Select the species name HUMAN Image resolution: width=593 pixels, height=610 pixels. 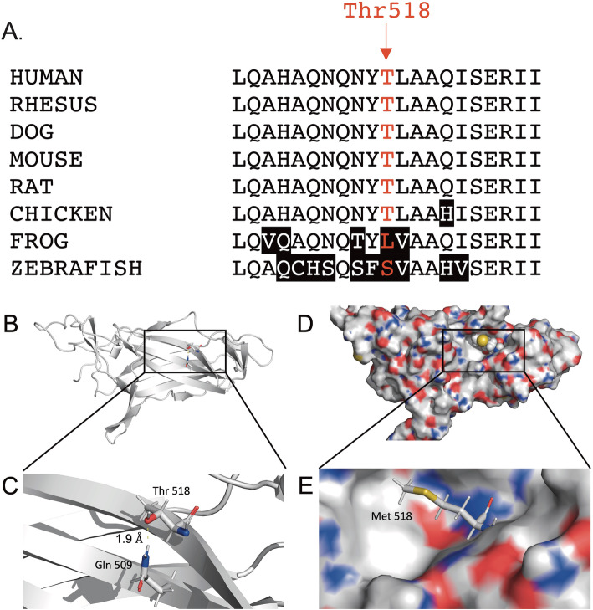point(46,78)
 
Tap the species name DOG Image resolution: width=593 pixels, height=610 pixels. point(31,132)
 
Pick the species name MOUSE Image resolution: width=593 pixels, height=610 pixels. point(46,159)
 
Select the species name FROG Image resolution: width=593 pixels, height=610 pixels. point(38,241)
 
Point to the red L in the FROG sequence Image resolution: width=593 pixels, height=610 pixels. point(386,241)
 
